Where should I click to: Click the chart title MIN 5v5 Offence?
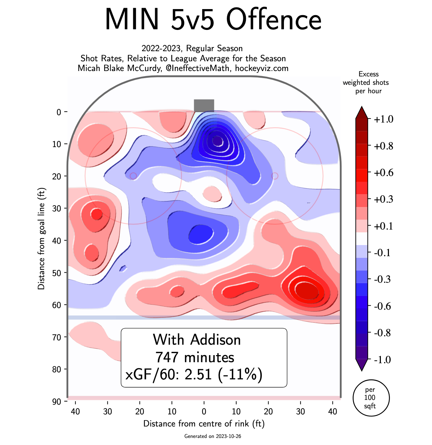(x=213, y=19)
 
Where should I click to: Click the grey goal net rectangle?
(x=204, y=105)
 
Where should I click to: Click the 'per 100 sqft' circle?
(x=371, y=398)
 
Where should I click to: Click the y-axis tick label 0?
(x=59, y=112)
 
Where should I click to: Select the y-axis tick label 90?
(x=57, y=402)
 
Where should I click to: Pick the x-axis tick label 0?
(x=204, y=412)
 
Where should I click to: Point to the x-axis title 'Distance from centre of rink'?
(x=204, y=423)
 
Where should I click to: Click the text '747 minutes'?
(x=194, y=357)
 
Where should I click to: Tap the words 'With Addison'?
(x=197, y=340)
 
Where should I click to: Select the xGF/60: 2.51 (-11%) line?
(x=194, y=374)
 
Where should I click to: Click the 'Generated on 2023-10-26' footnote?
(x=213, y=436)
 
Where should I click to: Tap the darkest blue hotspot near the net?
(x=218, y=141)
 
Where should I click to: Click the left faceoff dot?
(x=133, y=176)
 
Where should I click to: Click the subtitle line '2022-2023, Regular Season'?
(x=192, y=48)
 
